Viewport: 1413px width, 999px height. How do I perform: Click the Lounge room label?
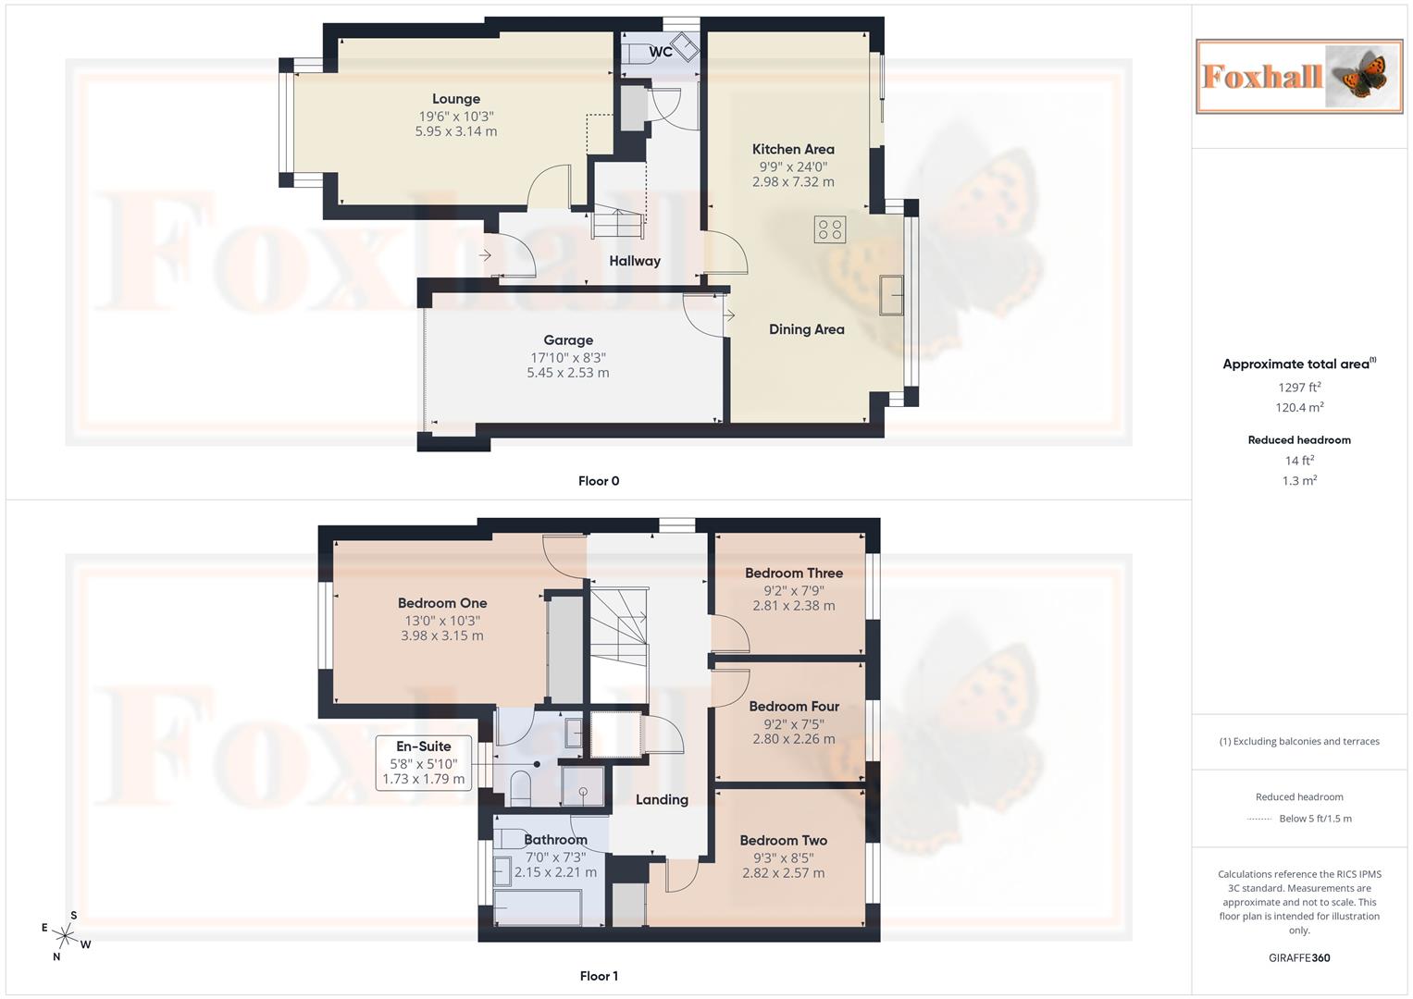click(455, 99)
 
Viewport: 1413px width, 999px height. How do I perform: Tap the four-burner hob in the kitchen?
click(830, 228)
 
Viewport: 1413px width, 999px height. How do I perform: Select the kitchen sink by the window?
click(891, 295)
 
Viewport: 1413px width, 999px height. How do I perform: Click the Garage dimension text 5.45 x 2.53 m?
click(567, 373)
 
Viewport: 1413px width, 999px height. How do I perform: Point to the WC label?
click(660, 52)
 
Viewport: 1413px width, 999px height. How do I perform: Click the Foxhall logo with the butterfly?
click(1298, 76)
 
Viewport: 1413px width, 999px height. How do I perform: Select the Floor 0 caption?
click(599, 481)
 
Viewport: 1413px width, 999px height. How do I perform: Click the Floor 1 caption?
click(599, 976)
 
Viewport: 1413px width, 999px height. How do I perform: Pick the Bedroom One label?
click(441, 603)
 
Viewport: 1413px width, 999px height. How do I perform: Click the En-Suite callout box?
click(424, 762)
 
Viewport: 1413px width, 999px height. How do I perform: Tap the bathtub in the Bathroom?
click(538, 907)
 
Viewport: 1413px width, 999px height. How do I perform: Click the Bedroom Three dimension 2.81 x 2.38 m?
click(793, 606)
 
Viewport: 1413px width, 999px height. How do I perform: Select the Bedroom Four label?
click(793, 707)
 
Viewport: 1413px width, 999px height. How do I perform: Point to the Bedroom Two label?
click(783, 841)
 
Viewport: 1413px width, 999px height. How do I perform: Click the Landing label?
click(662, 800)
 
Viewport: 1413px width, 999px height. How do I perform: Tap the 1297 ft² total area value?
click(1298, 388)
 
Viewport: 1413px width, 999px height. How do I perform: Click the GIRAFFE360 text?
click(1298, 958)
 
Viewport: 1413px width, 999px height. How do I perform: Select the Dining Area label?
click(806, 329)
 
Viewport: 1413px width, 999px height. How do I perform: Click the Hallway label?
click(635, 262)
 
